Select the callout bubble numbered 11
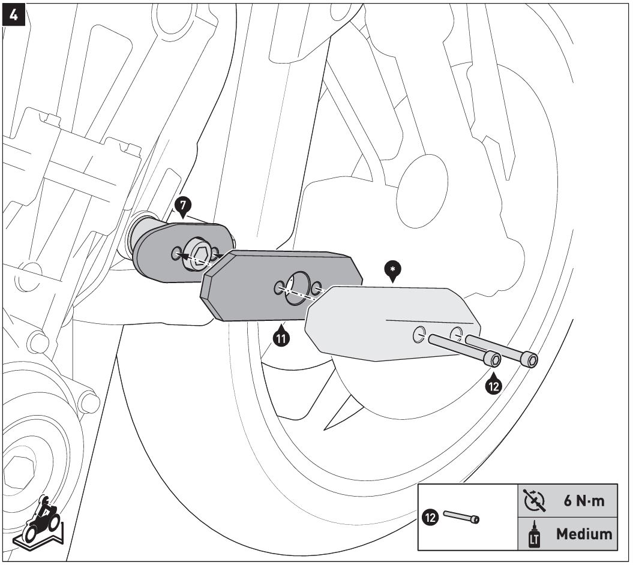(x=280, y=338)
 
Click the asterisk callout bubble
(x=393, y=271)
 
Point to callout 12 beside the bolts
(x=493, y=386)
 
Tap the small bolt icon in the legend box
(x=461, y=516)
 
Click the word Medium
(x=584, y=533)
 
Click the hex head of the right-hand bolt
(x=530, y=360)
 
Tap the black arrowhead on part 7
(x=187, y=256)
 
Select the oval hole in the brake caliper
(x=422, y=184)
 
